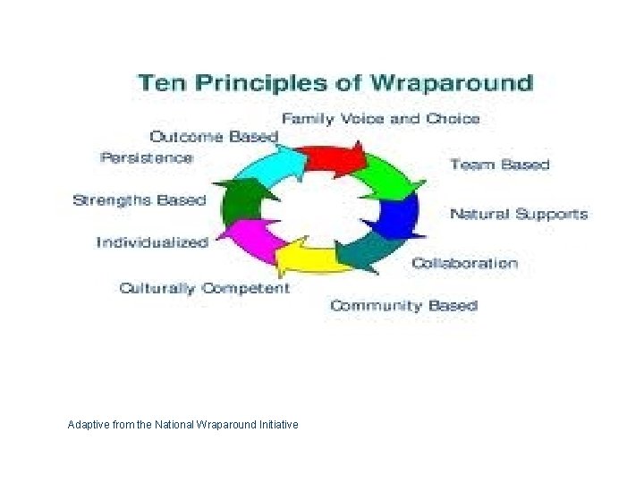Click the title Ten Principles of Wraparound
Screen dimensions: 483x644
[x=335, y=84]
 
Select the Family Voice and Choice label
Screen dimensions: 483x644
[x=381, y=118]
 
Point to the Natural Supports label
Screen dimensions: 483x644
[x=518, y=214]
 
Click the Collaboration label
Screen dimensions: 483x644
[x=464, y=263]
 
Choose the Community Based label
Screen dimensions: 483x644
[x=403, y=306]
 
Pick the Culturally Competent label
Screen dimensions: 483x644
[x=204, y=288]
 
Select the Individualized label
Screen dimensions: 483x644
[x=152, y=242]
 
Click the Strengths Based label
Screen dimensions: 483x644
[x=139, y=200]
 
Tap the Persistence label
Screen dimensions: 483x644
[x=146, y=157]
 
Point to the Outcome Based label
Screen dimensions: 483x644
[x=214, y=137]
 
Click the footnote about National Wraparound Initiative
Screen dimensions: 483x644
[x=182, y=424]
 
